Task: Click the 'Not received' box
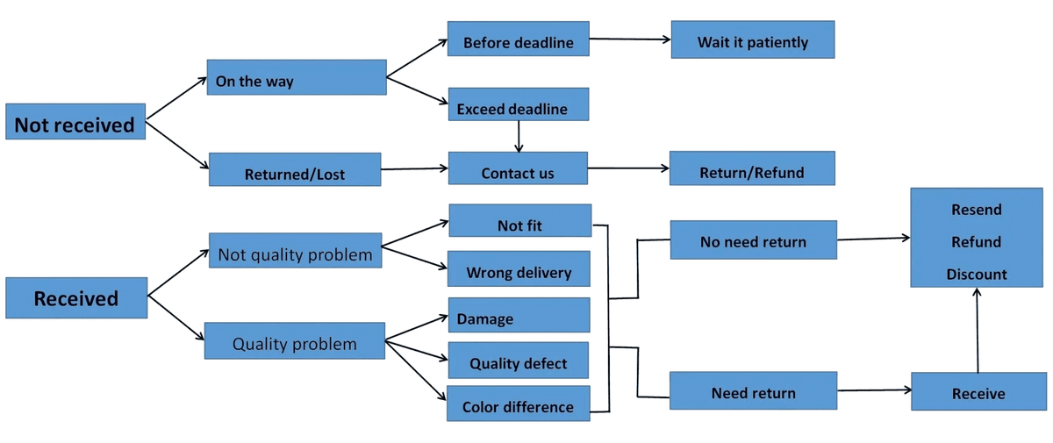coord(75,121)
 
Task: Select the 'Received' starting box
coord(76,298)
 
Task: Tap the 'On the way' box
coord(297,77)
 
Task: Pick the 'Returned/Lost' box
coord(295,169)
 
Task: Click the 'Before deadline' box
coord(518,39)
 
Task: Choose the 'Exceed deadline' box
coord(519,104)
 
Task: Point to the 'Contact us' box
coord(518,168)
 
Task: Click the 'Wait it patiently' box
coord(753,39)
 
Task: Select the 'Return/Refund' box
coord(752,168)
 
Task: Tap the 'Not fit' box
coord(519,220)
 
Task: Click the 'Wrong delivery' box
coord(519,268)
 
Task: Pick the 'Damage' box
coord(519,315)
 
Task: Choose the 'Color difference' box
coord(518,403)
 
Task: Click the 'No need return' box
coord(754,239)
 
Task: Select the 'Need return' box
coord(753,390)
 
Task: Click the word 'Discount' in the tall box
coord(977,274)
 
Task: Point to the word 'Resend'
coord(977,210)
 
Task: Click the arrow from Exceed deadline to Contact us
coord(519,137)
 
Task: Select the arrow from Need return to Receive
coord(874,389)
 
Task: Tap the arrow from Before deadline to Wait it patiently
coord(630,39)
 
